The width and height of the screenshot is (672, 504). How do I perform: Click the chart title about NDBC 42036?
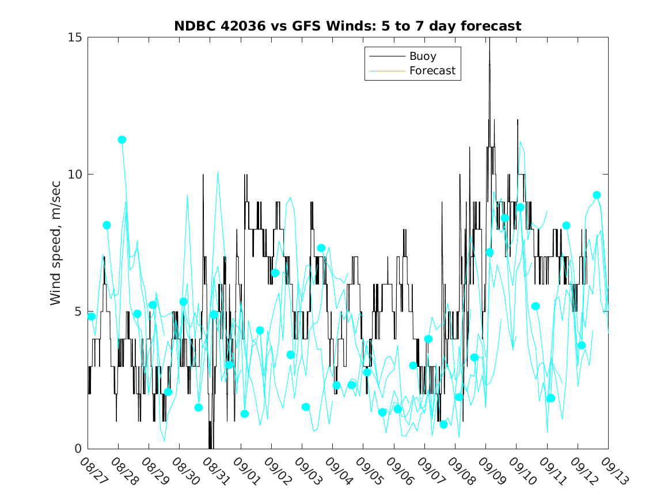348,26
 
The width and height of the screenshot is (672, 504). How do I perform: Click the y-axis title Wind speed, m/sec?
56,243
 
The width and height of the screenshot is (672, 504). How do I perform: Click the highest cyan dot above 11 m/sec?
122,140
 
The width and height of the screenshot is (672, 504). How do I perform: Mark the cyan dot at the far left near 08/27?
91,316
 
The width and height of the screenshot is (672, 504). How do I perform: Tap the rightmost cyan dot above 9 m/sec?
597,195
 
